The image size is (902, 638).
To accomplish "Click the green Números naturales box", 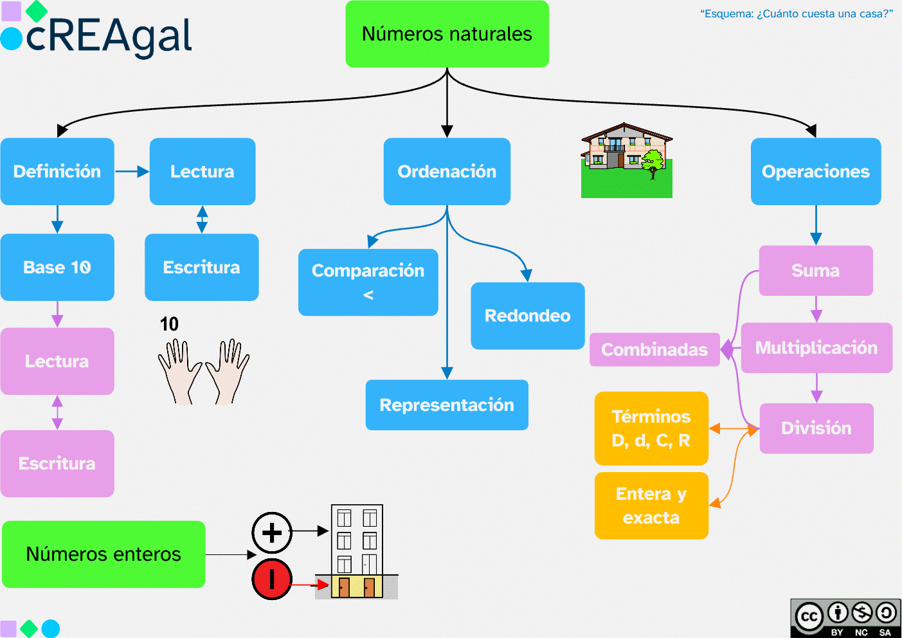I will (447, 34).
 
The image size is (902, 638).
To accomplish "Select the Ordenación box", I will (447, 172).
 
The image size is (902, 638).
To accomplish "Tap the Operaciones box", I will (815, 172).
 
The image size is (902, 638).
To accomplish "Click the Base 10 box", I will (57, 267).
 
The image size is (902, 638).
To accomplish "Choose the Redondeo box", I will (527, 316).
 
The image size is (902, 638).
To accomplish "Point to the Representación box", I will (447, 405).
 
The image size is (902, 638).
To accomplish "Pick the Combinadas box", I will (654, 349).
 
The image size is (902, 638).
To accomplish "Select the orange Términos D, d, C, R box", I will (651, 428).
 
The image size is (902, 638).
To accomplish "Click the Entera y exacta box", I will (651, 506).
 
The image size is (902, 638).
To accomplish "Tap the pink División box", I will (816, 428).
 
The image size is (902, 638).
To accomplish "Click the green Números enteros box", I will (104, 554).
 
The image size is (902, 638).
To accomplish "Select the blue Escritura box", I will (201, 267).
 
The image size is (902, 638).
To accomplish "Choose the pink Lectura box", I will (57, 361).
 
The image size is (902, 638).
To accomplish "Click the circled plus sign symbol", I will (272, 533).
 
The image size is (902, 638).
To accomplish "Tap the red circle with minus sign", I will (272, 579).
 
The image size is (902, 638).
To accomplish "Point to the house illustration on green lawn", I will (626, 160).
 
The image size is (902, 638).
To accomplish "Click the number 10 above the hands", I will (169, 324).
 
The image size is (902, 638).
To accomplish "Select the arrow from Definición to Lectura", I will (132, 172).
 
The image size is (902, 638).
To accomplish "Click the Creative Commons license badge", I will (845, 618).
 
